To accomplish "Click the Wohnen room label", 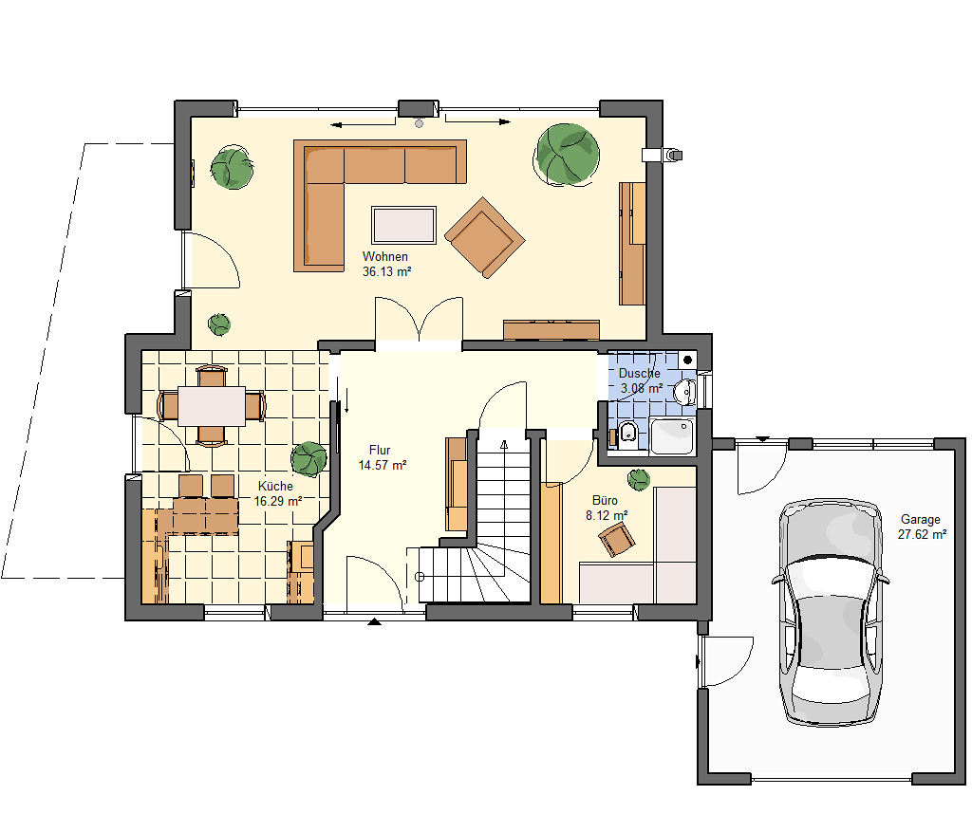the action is (x=385, y=256).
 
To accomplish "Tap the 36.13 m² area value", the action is (x=387, y=271).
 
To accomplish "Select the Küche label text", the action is (x=275, y=487).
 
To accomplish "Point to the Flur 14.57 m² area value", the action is (x=383, y=465).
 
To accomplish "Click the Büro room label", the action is (x=605, y=501).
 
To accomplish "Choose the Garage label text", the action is (x=921, y=519).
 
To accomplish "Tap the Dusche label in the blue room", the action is (x=639, y=374).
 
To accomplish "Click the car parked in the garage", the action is (x=831, y=612).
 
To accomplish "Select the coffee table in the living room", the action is (x=403, y=225).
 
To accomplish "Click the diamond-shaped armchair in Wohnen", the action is (x=485, y=237).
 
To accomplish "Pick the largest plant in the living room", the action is (x=567, y=155).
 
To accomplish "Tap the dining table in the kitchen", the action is (x=212, y=406).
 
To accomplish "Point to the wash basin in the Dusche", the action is (x=685, y=392).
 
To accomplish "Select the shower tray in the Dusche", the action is (x=672, y=436).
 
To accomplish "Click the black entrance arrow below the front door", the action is (x=374, y=621).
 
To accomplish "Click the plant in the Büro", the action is (x=639, y=479).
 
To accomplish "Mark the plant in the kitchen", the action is (x=308, y=459).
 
